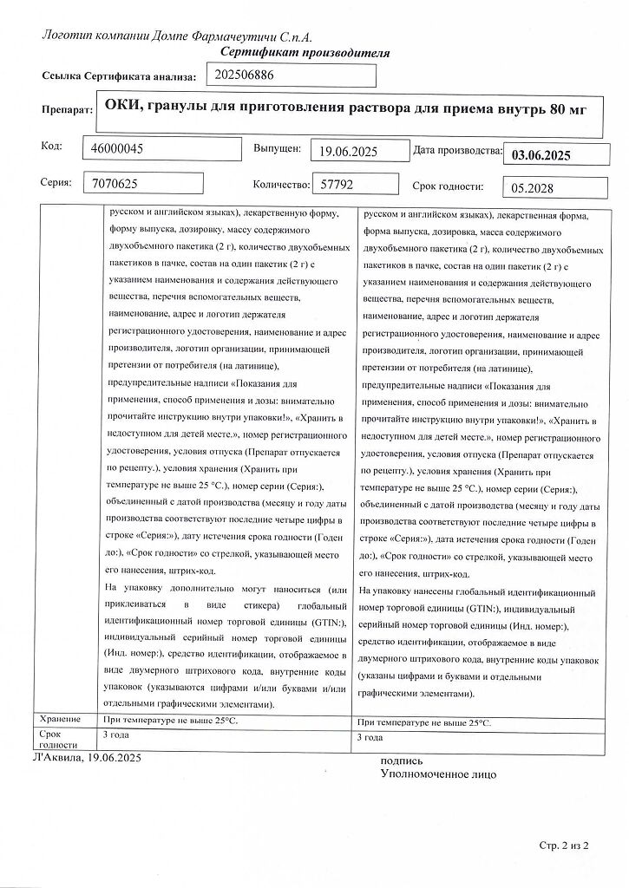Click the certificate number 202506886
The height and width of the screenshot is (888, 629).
click(244, 75)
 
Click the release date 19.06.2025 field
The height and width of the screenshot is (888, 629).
click(347, 152)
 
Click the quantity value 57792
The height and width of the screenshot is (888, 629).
click(338, 184)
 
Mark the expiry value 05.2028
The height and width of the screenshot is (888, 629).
click(533, 187)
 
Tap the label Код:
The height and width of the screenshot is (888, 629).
click(51, 145)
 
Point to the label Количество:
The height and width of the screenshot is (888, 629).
click(281, 185)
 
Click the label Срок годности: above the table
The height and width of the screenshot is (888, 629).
click(447, 186)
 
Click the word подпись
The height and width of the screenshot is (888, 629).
click(402, 761)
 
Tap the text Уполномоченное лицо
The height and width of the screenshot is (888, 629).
click(438, 774)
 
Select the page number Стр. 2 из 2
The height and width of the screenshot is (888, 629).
click(564, 844)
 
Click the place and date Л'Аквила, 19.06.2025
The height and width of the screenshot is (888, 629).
click(86, 757)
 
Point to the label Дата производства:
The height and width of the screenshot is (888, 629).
click(457, 150)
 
